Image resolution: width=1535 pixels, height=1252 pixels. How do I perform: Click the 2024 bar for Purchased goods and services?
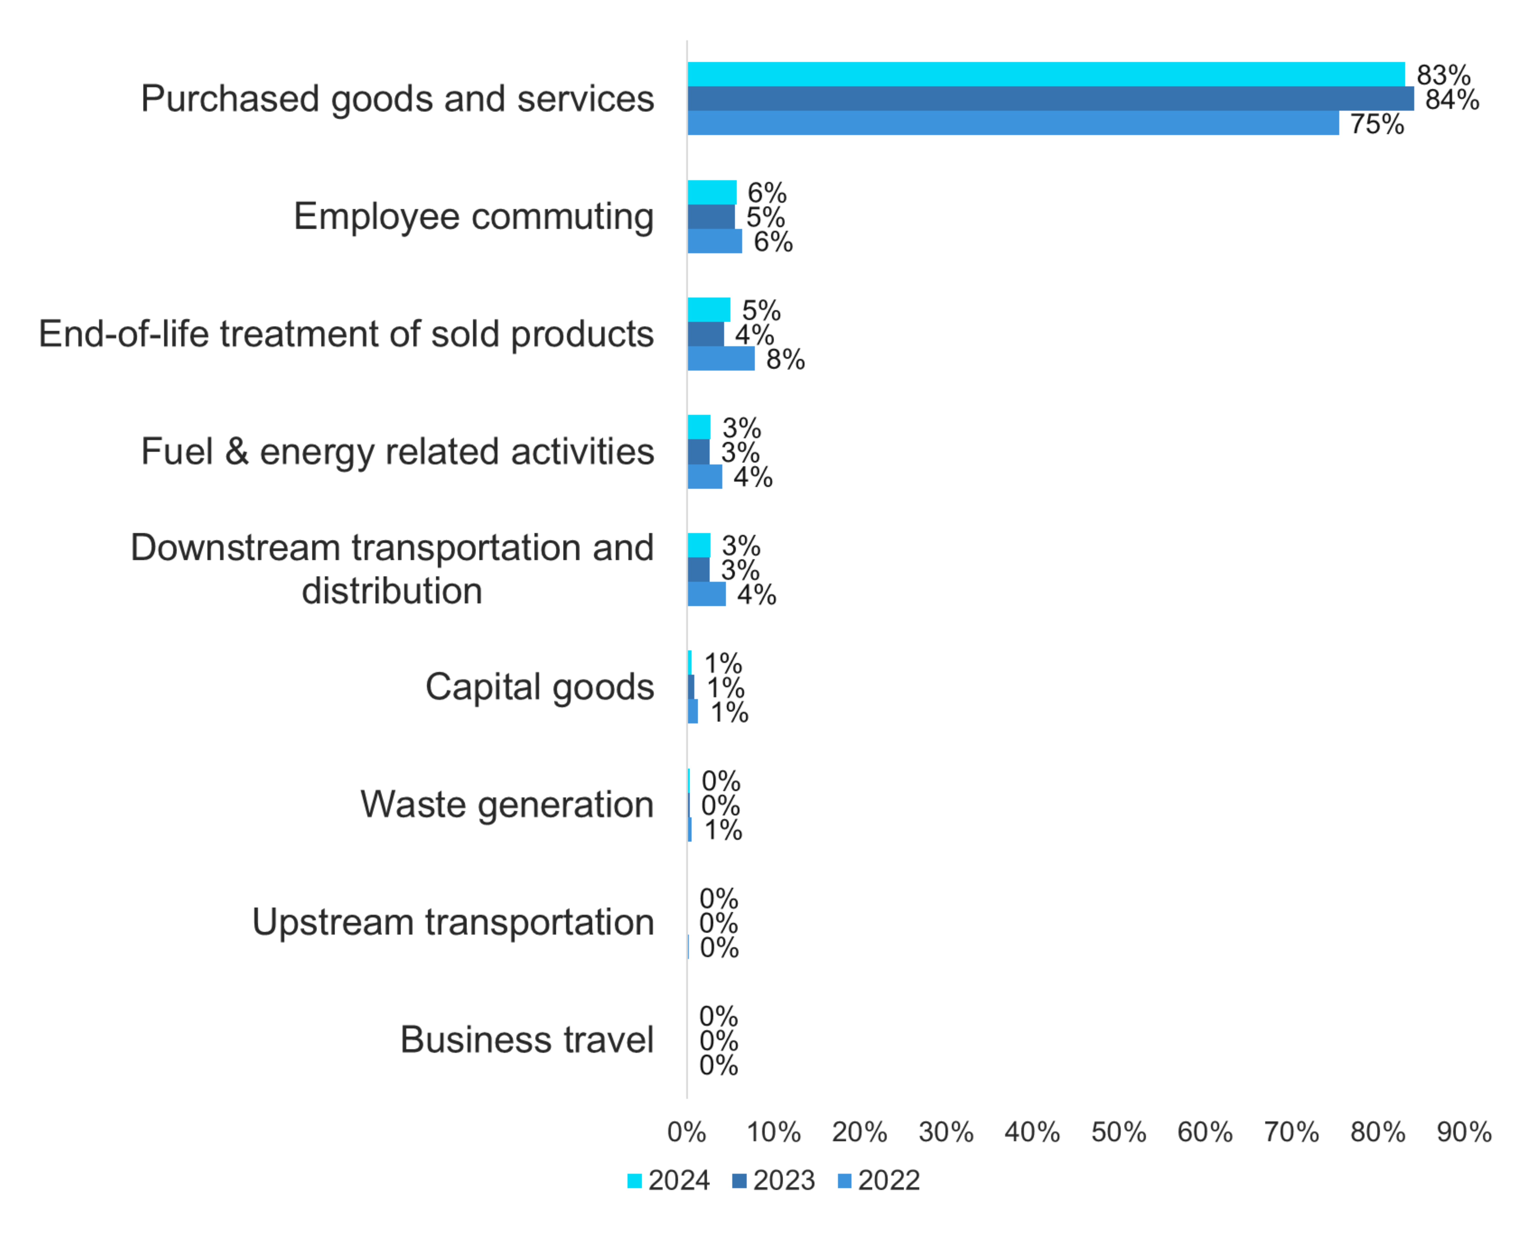1046,74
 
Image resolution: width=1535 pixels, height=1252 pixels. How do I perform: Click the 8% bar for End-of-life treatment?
721,359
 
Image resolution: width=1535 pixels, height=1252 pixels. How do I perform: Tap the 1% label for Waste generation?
723,830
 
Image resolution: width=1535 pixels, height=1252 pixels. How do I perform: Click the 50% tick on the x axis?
1118,1132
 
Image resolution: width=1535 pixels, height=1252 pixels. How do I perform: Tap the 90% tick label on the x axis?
1464,1132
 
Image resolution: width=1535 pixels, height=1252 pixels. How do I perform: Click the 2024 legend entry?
669,1181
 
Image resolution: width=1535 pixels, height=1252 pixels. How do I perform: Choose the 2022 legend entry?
879,1181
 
